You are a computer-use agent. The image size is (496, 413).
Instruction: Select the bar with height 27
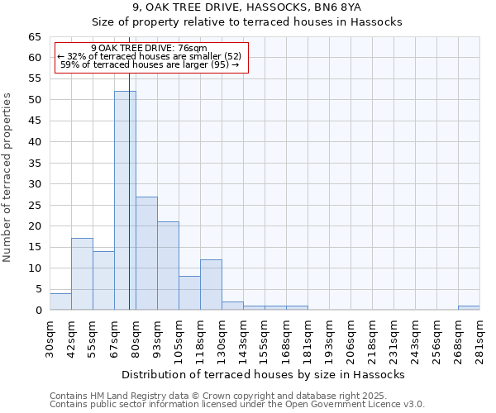tap(146, 254)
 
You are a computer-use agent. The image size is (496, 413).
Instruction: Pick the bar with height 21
tap(168, 266)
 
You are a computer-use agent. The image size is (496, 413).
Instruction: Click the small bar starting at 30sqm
tap(60, 301)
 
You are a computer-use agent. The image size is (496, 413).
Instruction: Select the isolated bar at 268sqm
tap(469, 308)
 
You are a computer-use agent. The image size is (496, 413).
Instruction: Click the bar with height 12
tap(211, 285)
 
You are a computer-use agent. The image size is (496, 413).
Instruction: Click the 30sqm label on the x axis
tap(50, 338)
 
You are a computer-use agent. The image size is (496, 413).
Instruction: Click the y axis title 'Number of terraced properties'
tap(8, 178)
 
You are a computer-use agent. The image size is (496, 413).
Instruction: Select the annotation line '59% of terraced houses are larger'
tap(150, 64)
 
